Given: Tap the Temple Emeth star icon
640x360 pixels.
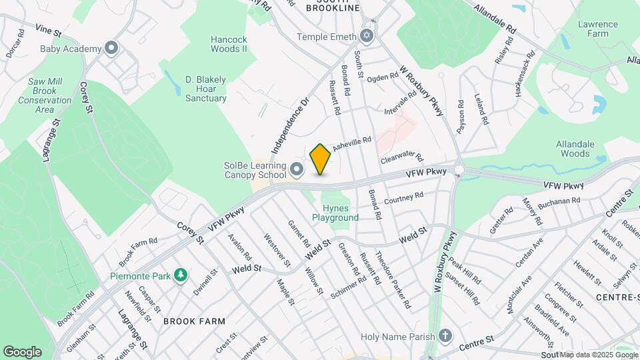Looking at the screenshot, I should [365, 37].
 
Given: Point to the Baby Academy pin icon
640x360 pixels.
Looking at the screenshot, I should [112, 49].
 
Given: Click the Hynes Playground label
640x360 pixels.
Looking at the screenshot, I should [336, 213].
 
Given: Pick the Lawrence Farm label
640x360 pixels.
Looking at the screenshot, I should [598, 29].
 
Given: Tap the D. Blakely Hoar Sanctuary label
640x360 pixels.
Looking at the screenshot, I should [206, 89].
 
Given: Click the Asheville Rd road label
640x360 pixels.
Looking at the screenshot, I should [351, 143].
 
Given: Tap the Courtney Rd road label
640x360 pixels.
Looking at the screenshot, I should [404, 197].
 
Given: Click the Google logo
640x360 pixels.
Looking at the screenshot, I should [22, 352].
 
